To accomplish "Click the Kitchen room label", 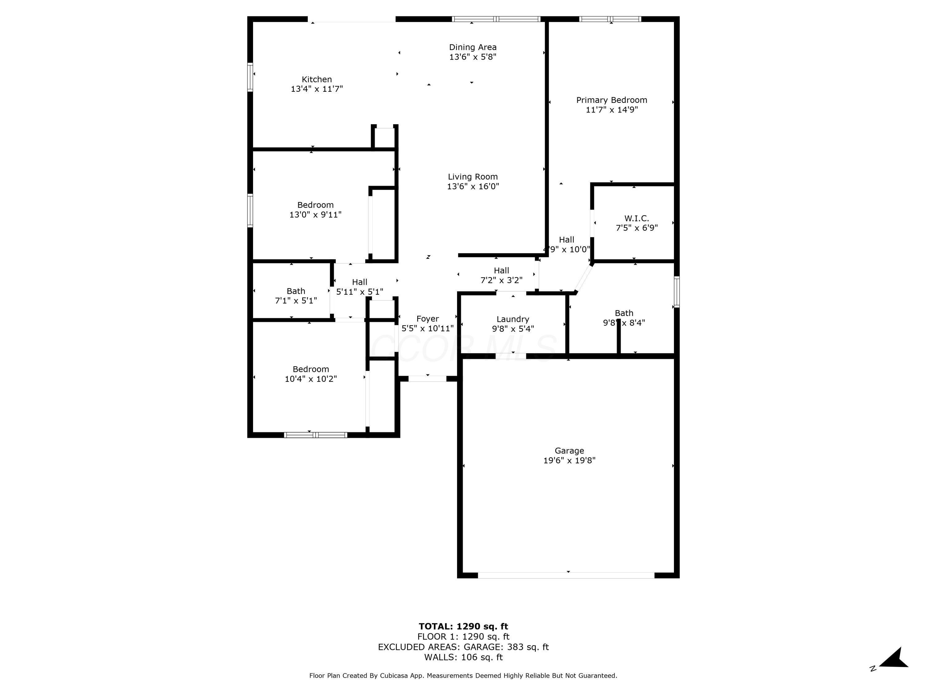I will pyautogui.click(x=317, y=79).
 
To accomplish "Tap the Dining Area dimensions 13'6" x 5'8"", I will pyautogui.click(x=473, y=57).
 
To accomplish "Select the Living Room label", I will pyautogui.click(x=473, y=177).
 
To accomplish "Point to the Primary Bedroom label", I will pyautogui.click(x=612, y=100).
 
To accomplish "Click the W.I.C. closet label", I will pyautogui.click(x=636, y=218).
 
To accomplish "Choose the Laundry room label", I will pyautogui.click(x=513, y=319).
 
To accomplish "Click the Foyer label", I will pyautogui.click(x=427, y=319).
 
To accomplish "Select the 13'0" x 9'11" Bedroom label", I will pyautogui.click(x=315, y=205).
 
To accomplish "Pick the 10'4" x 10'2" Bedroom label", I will pyautogui.click(x=311, y=369).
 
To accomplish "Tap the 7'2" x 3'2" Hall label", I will pyautogui.click(x=501, y=271).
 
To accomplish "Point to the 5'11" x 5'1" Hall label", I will pyautogui.click(x=360, y=282).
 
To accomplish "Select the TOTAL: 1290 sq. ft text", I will pyautogui.click(x=463, y=626).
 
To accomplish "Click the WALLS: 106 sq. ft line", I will pyautogui.click(x=463, y=657).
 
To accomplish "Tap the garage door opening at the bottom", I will pyautogui.click(x=566, y=575).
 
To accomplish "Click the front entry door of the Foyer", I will pyautogui.click(x=427, y=379).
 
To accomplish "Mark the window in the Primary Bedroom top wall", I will pyautogui.click(x=610, y=19).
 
